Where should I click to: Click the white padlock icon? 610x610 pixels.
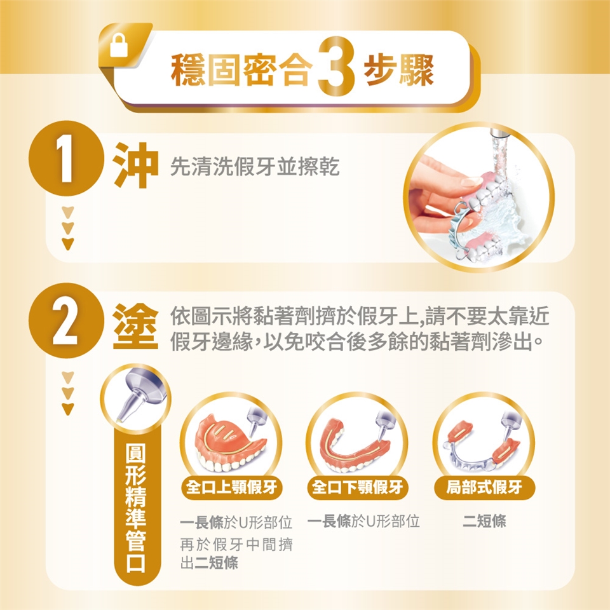point(119,45)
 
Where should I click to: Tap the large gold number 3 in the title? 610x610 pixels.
point(336,66)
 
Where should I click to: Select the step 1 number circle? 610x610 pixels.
point(67,158)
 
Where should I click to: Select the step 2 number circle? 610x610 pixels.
point(67,320)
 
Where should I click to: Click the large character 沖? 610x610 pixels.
point(136,165)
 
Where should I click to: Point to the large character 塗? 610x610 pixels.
point(136,326)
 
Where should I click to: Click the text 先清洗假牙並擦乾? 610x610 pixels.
point(255,166)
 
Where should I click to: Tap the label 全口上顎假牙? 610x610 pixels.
point(231,487)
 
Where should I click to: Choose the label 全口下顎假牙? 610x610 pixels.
point(358,487)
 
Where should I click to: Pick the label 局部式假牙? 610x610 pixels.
point(484,487)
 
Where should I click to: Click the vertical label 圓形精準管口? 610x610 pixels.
point(136,508)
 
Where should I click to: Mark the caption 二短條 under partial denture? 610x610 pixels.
point(484,521)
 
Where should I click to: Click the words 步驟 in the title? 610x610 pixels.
point(399,70)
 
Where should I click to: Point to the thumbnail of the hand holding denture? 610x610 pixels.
point(479,197)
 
